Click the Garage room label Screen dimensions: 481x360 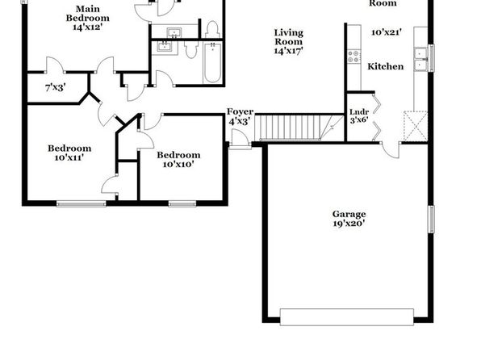[349, 214]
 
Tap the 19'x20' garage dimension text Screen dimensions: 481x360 [349, 223]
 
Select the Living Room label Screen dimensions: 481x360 [289, 37]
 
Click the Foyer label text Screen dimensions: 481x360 [240, 111]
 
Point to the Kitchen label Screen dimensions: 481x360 [386, 66]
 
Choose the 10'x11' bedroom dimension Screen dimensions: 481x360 [69, 157]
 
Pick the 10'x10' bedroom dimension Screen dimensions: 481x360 [178, 164]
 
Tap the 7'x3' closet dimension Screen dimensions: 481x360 [56, 88]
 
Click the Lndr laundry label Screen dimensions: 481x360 [359, 112]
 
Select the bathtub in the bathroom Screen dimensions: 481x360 [212, 63]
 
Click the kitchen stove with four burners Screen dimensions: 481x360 [353, 57]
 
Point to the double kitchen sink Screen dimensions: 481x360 [420, 59]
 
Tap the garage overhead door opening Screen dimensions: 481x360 [347, 317]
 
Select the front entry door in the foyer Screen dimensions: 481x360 [240, 140]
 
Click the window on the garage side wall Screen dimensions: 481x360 [431, 219]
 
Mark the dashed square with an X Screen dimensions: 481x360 [416, 126]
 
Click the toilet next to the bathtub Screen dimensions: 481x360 [191, 50]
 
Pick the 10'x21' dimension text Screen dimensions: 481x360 [387, 32]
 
